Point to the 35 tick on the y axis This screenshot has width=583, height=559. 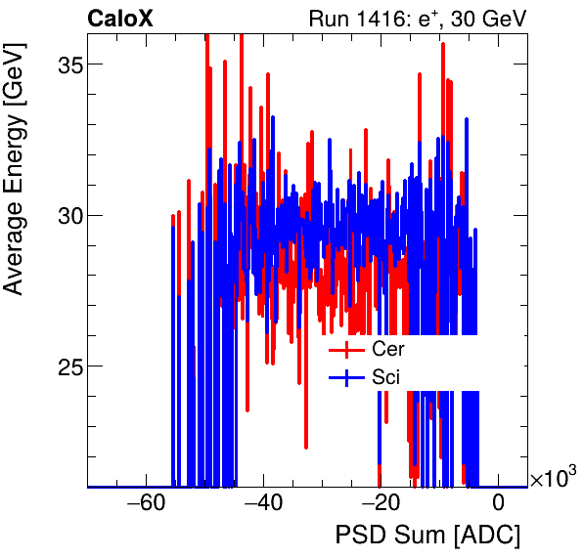(x=65, y=64)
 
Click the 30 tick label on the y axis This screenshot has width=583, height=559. (x=65, y=215)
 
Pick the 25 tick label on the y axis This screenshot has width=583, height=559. (x=65, y=366)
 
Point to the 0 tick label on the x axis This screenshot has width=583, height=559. (x=498, y=505)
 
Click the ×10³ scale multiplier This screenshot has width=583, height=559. (x=553, y=478)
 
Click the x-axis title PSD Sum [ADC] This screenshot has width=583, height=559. (x=427, y=536)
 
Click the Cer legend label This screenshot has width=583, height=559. (x=387, y=349)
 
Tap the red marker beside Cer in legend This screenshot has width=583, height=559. (x=346, y=349)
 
